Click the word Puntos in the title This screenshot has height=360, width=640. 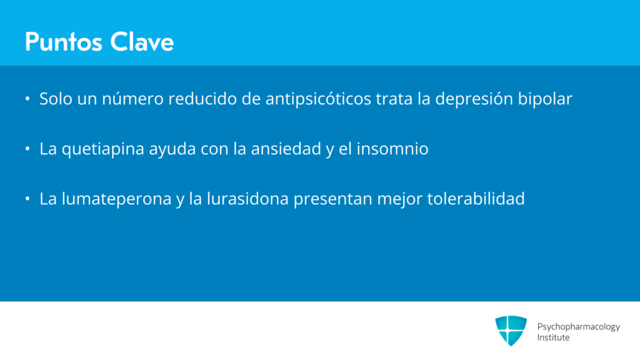[63, 42]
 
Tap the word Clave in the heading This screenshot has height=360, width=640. [142, 42]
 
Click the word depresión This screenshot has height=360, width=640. [474, 99]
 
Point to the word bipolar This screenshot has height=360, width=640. [545, 99]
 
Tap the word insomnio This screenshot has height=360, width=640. [392, 149]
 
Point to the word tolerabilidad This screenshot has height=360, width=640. [476, 199]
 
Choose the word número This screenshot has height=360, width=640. [132, 99]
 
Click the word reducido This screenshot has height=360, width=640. [202, 99]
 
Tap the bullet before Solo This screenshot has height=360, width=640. [27, 98]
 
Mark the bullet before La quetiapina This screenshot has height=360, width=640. [27, 149]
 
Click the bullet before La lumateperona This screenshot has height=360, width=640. [27, 199]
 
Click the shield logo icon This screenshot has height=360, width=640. [511, 331]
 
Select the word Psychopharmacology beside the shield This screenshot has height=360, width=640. [578, 327]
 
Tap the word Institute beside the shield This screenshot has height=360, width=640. [553, 337]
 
